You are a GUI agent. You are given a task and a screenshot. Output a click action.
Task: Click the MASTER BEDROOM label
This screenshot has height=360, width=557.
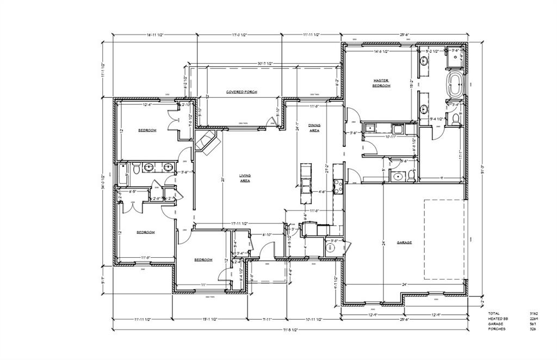pos(381,83)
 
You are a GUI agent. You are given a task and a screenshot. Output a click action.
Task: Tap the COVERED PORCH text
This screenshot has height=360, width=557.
pos(242,92)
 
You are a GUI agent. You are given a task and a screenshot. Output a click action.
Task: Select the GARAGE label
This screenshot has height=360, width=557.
pos(404,243)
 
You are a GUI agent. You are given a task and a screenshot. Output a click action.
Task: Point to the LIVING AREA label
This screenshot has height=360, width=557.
pos(245,178)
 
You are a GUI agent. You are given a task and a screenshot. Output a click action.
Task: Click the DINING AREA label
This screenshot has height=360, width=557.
pos(314,128)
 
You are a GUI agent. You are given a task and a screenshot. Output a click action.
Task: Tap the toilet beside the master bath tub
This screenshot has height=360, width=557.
pos(456,118)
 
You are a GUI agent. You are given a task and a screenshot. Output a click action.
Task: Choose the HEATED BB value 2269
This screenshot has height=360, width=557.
pos(534,319)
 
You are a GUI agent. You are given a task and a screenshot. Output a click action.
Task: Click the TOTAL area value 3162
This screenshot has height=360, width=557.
pos(534,314)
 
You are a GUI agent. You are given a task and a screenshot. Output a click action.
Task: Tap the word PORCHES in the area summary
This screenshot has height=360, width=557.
pos(497,329)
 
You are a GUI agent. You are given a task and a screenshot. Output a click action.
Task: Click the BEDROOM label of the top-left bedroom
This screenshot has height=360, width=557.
pos(147,130)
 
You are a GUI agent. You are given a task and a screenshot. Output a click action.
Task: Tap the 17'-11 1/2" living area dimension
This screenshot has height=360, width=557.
pos(239,223)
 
